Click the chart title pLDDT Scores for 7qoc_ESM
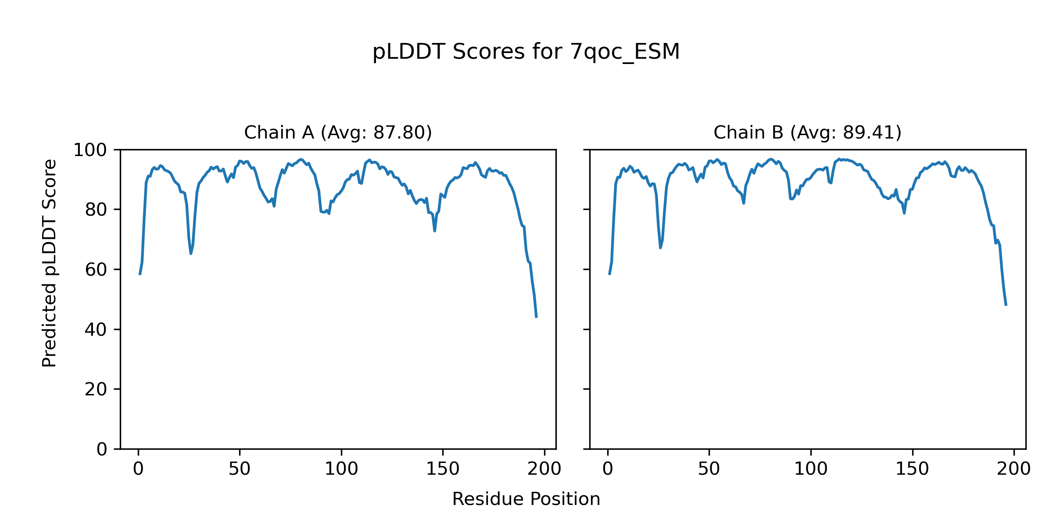point(526,52)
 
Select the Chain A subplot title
point(338,132)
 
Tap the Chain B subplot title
point(807,132)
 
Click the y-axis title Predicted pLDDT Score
point(50,263)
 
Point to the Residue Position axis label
point(526,499)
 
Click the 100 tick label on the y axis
point(90,150)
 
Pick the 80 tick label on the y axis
point(96,210)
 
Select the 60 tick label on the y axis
point(96,270)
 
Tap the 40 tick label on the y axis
point(96,330)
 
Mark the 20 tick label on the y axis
point(96,389)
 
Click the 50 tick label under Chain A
point(240,469)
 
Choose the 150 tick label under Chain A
point(443,469)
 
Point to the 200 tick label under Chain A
point(544,469)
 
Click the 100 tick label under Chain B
point(811,469)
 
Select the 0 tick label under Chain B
point(608,469)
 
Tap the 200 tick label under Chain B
point(1014,469)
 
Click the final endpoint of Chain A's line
point(536,317)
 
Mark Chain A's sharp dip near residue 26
point(191,253)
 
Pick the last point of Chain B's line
point(1006,305)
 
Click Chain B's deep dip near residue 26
point(660,248)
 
